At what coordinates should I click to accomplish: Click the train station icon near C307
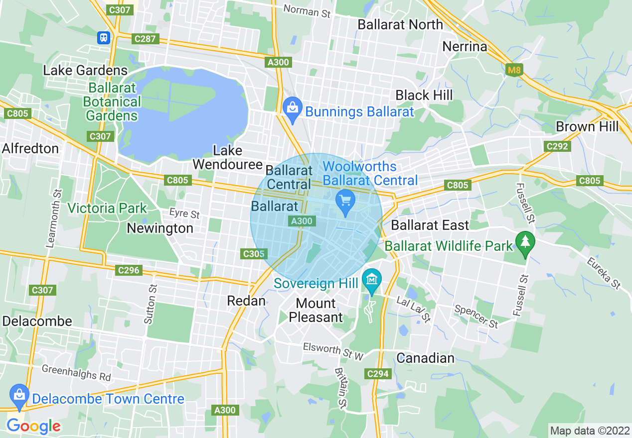pyautogui.click(x=104, y=38)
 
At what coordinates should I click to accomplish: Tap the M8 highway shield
pyautogui.click(x=514, y=70)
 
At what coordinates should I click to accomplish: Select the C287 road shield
pyautogui.click(x=146, y=38)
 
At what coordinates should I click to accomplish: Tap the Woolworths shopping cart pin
pyautogui.click(x=345, y=202)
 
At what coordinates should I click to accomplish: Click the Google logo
pyautogui.click(x=33, y=426)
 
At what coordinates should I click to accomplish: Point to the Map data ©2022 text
pyautogui.click(x=589, y=430)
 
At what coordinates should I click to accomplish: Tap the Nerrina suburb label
pyautogui.click(x=465, y=47)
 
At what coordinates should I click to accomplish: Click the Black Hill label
pyautogui.click(x=424, y=95)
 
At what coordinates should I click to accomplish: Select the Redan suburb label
pyautogui.click(x=246, y=301)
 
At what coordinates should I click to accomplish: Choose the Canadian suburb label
pyautogui.click(x=426, y=358)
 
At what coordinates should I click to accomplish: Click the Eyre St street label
pyautogui.click(x=184, y=214)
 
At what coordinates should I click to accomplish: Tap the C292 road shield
pyautogui.click(x=557, y=146)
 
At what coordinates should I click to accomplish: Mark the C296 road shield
pyautogui.click(x=129, y=270)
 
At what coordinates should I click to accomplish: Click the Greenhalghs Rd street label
pyautogui.click(x=76, y=372)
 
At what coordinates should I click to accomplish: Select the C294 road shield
pyautogui.click(x=377, y=373)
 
